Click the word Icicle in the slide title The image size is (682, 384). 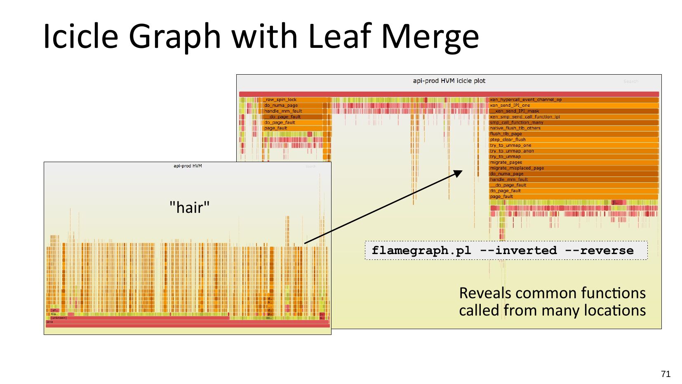(81, 36)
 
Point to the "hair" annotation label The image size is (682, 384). (189, 207)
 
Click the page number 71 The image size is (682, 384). (666, 374)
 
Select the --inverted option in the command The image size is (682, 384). (518, 250)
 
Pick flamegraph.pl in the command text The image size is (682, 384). (421, 250)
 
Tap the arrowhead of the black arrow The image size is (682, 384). (459, 173)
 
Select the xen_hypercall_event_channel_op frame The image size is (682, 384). (573, 100)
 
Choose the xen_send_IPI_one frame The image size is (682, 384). (573, 106)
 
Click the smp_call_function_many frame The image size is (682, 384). (573, 123)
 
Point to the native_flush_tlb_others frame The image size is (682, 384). (573, 128)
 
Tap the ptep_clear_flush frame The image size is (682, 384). (573, 140)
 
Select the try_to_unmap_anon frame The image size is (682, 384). (573, 151)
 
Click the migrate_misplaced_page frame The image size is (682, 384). (573, 168)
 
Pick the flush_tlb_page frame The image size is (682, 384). (573, 134)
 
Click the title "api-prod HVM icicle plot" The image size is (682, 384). (449, 81)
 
